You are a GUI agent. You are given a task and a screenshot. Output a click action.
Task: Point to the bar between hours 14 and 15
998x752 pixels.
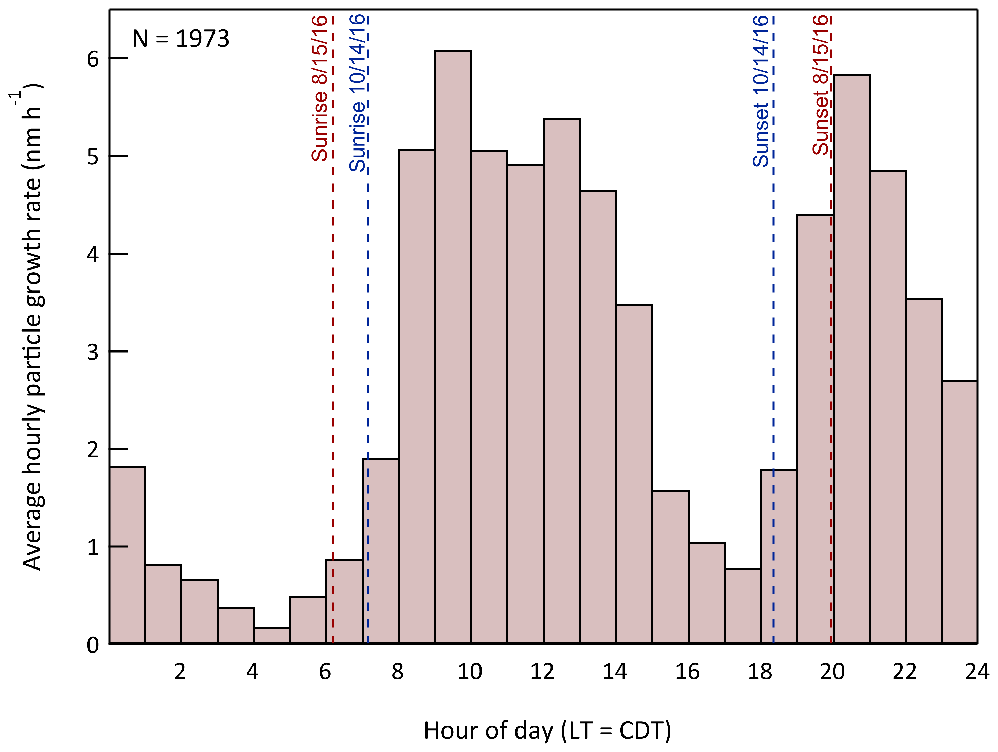click(634, 474)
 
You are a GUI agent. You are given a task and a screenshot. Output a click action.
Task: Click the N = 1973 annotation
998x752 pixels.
click(181, 39)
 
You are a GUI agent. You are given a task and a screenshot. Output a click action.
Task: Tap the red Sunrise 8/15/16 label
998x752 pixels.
click(319, 88)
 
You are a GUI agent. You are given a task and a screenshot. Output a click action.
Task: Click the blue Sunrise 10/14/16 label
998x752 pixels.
click(357, 93)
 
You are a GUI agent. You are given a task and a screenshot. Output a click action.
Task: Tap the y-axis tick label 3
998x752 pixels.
click(93, 352)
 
